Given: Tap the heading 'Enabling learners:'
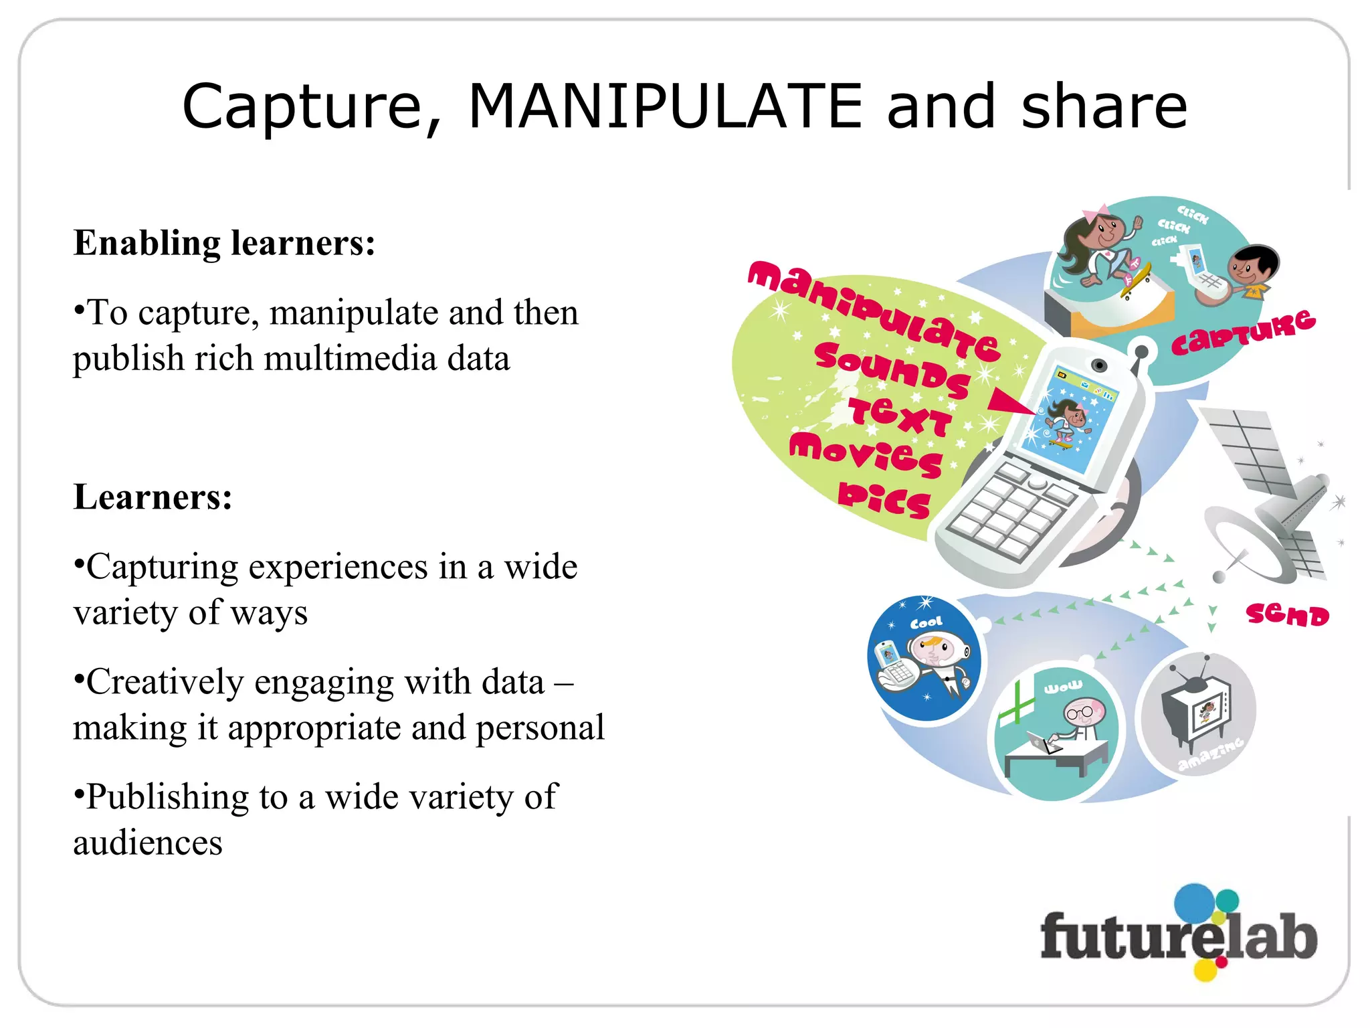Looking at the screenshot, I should pos(224,242).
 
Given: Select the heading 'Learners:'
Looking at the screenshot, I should pos(153,497).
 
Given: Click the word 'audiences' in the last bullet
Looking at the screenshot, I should pos(148,843).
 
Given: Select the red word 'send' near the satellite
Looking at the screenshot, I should pos(1287,614).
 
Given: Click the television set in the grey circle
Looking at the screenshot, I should pos(1198,711).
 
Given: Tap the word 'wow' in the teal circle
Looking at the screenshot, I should pos(1063,687).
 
